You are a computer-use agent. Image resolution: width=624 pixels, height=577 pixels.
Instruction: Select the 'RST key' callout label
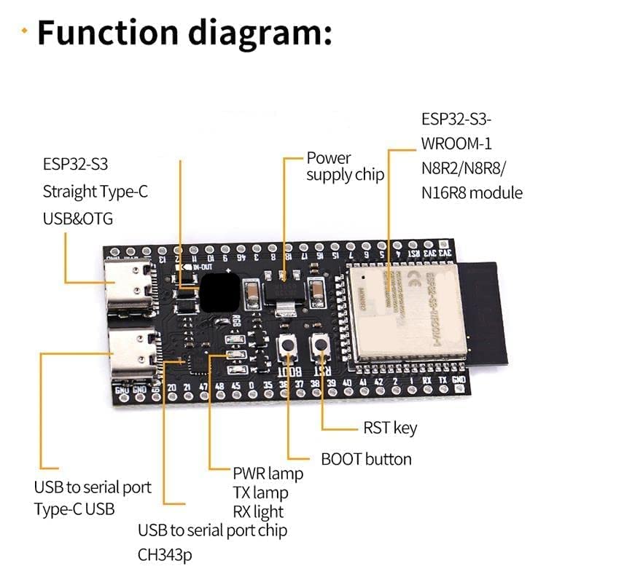[x=390, y=428]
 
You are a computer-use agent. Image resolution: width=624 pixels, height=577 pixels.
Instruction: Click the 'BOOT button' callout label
[x=366, y=459]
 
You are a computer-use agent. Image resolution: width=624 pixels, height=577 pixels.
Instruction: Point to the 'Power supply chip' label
[x=344, y=166]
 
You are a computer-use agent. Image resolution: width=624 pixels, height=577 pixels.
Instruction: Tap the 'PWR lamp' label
[x=268, y=474]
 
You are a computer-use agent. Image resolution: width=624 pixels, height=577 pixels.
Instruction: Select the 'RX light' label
[x=258, y=511]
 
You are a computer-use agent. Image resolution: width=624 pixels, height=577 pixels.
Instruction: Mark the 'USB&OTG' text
[x=78, y=219]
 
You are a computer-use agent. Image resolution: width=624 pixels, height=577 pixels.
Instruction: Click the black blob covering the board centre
[x=219, y=292]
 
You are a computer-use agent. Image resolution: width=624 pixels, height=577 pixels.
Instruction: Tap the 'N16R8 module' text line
[x=472, y=193]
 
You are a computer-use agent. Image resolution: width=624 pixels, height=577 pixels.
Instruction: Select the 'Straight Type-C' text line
[x=95, y=192]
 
